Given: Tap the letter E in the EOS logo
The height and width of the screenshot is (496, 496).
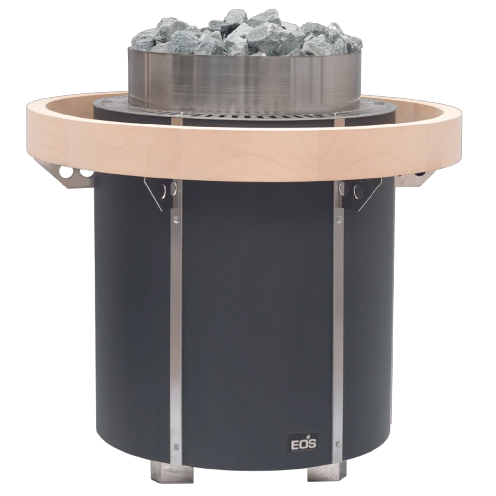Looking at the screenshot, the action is point(295,444).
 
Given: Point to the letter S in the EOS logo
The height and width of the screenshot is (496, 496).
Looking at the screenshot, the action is point(312,444).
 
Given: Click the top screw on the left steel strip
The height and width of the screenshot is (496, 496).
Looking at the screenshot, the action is point(176,219).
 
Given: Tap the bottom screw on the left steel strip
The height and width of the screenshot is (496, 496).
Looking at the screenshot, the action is point(176,447).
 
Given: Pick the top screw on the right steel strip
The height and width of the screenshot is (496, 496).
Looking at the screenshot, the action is point(339,219).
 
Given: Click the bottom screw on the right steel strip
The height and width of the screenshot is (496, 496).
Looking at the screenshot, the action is point(338,444).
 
